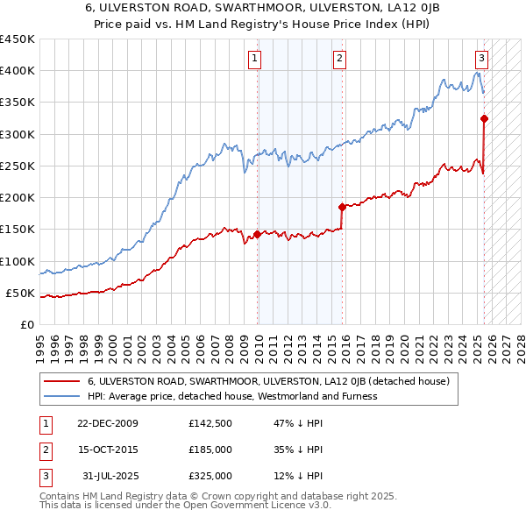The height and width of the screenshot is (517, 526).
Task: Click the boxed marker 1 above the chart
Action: [254, 59]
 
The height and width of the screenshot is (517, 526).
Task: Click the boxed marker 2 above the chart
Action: [338, 59]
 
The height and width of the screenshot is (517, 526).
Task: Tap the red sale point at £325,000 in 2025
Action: [484, 118]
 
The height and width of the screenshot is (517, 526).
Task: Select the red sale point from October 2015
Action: [343, 207]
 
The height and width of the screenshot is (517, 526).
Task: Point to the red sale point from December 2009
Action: [257, 234]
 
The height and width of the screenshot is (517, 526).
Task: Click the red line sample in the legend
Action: [60, 382]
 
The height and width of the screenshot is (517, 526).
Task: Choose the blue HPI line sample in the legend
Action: [60, 396]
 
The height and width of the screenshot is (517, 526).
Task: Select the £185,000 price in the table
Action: [210, 450]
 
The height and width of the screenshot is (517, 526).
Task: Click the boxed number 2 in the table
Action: [45, 450]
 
